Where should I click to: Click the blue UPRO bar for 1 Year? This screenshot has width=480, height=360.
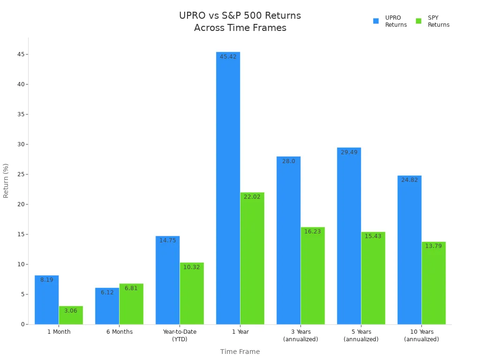point(228,187)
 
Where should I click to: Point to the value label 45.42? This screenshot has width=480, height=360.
point(228,57)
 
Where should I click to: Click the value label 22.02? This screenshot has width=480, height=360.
point(252,197)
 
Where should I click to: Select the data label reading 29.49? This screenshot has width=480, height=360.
point(349,152)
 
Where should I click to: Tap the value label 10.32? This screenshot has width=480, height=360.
point(192,267)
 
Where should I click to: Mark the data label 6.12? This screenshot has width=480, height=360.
point(107,292)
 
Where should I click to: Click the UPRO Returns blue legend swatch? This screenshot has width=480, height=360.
point(376,21)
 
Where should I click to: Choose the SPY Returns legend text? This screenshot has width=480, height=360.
point(438,22)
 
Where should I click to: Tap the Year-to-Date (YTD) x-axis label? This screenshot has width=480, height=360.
point(180,335)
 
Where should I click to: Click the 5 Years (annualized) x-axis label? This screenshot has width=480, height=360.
point(361,335)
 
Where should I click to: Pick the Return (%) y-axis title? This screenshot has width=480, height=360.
point(6,180)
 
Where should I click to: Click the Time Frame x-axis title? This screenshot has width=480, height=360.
point(240,352)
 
